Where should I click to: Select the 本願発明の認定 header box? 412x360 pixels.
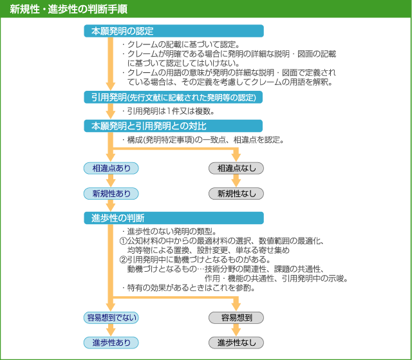[174, 31]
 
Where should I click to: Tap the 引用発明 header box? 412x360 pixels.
[174, 97]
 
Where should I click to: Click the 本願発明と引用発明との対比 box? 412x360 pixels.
[174, 126]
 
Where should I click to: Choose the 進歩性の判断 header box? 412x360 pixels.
[174, 218]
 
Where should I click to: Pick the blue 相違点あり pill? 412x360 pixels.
[111, 168]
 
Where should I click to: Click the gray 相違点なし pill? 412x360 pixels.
[236, 168]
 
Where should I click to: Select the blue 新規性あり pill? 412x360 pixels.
[111, 193]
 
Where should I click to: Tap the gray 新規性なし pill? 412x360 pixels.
[236, 193]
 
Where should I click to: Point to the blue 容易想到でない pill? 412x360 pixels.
[111, 317]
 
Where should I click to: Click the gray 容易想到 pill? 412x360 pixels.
[236, 317]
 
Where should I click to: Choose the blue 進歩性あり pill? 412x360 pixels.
[111, 342]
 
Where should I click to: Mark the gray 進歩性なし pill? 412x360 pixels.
[236, 342]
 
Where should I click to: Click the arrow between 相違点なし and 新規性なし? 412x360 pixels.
[236, 181]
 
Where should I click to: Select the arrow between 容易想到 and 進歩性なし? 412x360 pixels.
[236, 330]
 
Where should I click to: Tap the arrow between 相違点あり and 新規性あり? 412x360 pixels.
[111, 181]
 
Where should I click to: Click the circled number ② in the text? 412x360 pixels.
[123, 260]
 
